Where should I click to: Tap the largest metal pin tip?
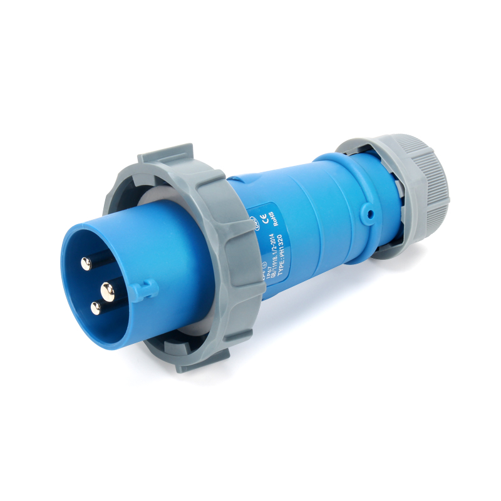[x=108, y=289]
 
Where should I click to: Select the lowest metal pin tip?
[x=95, y=307]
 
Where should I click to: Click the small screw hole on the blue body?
[x=371, y=215]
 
